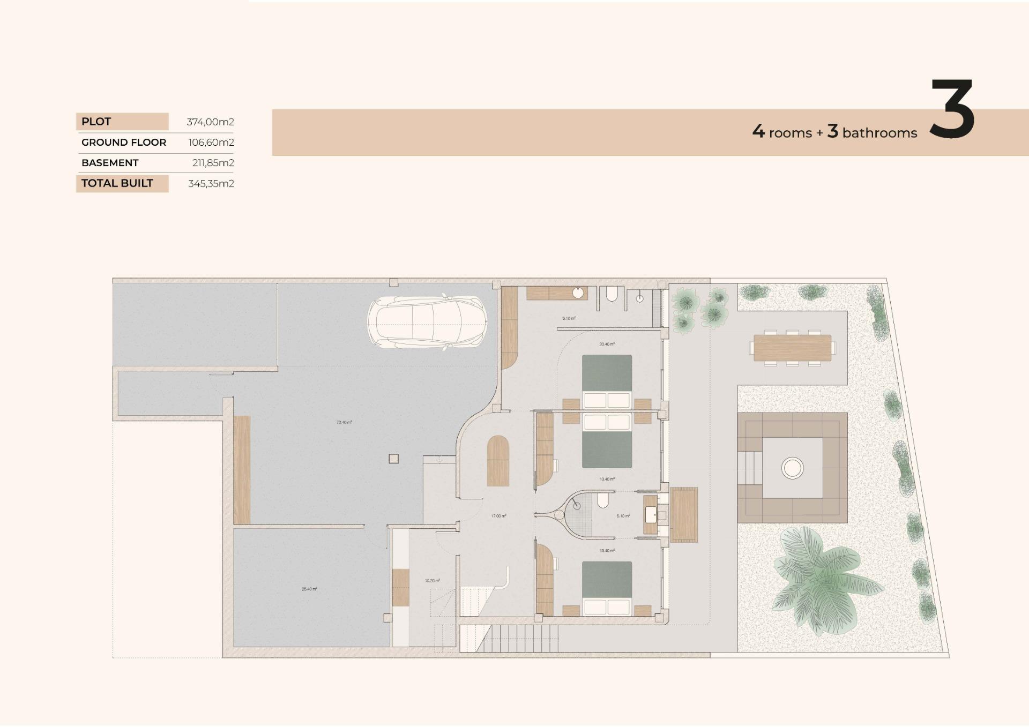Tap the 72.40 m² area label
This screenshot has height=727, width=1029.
pyautogui.click(x=344, y=422)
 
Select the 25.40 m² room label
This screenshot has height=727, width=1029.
pyautogui.click(x=309, y=589)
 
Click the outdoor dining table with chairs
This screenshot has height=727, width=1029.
pyautogui.click(x=792, y=348)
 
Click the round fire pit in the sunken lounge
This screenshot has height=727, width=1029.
pyautogui.click(x=792, y=468)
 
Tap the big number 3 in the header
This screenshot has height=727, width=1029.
pyautogui.click(x=952, y=110)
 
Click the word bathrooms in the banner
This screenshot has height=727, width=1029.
pyautogui.click(x=879, y=133)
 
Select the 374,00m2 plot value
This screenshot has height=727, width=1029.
pyautogui.click(x=210, y=122)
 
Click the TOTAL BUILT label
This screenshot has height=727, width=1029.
pyautogui.click(x=117, y=183)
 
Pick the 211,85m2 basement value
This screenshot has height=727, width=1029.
pyautogui.click(x=213, y=163)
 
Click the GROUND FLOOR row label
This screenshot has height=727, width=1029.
pyautogui.click(x=124, y=143)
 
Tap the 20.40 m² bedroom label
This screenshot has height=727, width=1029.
pyautogui.click(x=607, y=344)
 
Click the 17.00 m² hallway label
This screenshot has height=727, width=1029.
pyautogui.click(x=498, y=516)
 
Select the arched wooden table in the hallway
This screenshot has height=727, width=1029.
pyautogui.click(x=498, y=461)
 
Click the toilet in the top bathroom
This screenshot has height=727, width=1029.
pyautogui.click(x=612, y=294)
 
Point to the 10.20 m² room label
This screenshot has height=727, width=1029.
pyautogui.click(x=432, y=580)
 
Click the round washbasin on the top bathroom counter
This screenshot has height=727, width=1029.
pyautogui.click(x=578, y=293)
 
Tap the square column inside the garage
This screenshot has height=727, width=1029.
pyautogui.click(x=393, y=459)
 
